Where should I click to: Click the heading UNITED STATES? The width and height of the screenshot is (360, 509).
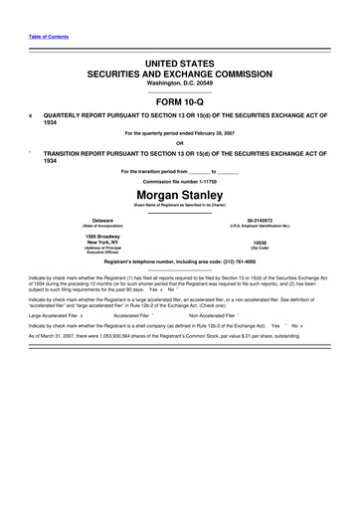pyautogui.click(x=181, y=62)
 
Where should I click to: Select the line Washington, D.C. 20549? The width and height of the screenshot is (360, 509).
pyautogui.click(x=181, y=84)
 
